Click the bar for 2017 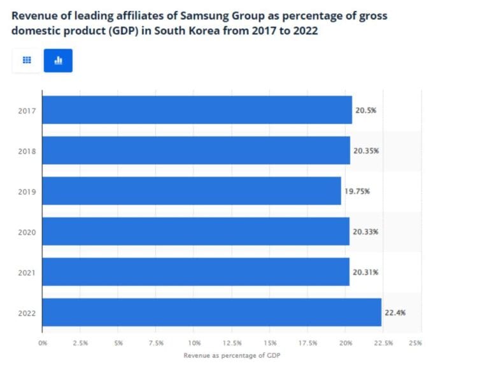click(x=197, y=110)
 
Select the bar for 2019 click(x=192, y=191)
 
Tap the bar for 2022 click(x=211, y=312)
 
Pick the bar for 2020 click(x=195, y=231)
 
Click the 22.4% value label click(x=394, y=312)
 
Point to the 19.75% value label click(x=355, y=191)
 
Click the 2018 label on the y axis click(x=27, y=151)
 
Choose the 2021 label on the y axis click(x=27, y=272)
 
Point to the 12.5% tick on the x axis click(x=232, y=343)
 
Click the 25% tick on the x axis click(x=416, y=343)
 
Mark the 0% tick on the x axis click(x=43, y=343)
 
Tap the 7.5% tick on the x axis click(x=156, y=343)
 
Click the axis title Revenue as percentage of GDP click(x=231, y=355)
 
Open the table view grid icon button click(x=27, y=60)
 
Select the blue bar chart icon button click(x=58, y=60)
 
